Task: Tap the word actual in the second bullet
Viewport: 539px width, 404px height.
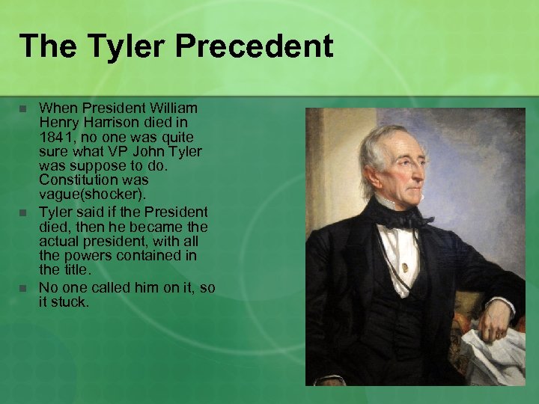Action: pyautogui.click(x=58, y=241)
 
